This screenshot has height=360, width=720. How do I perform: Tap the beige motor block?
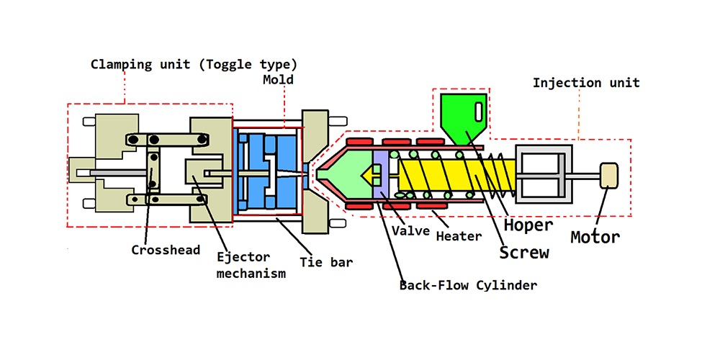click(x=609, y=175)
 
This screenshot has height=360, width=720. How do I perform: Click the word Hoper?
click(x=528, y=225)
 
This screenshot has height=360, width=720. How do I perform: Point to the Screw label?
click(x=525, y=252)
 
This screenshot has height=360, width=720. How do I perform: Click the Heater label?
click(x=459, y=235)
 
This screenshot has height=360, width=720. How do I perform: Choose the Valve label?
click(x=411, y=231)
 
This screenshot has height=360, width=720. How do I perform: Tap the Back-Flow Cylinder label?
click(x=469, y=286)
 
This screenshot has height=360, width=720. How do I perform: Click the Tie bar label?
click(x=326, y=262)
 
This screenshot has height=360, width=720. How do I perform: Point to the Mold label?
click(x=279, y=80)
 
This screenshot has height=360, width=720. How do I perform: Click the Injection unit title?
click(x=586, y=83)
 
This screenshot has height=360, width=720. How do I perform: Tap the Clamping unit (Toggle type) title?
click(x=194, y=64)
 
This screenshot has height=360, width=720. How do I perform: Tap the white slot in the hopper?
click(x=480, y=112)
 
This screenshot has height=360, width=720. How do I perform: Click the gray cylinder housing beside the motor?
click(x=544, y=175)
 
